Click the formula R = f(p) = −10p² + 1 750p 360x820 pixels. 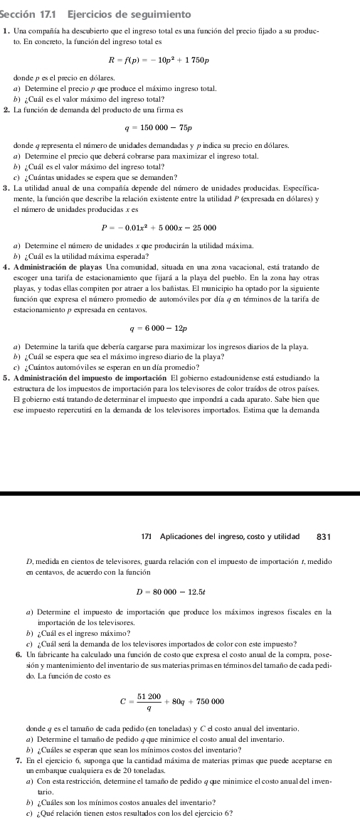point(179,58)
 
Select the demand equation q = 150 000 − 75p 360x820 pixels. point(179,130)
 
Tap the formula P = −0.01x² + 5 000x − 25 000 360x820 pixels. point(179,228)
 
